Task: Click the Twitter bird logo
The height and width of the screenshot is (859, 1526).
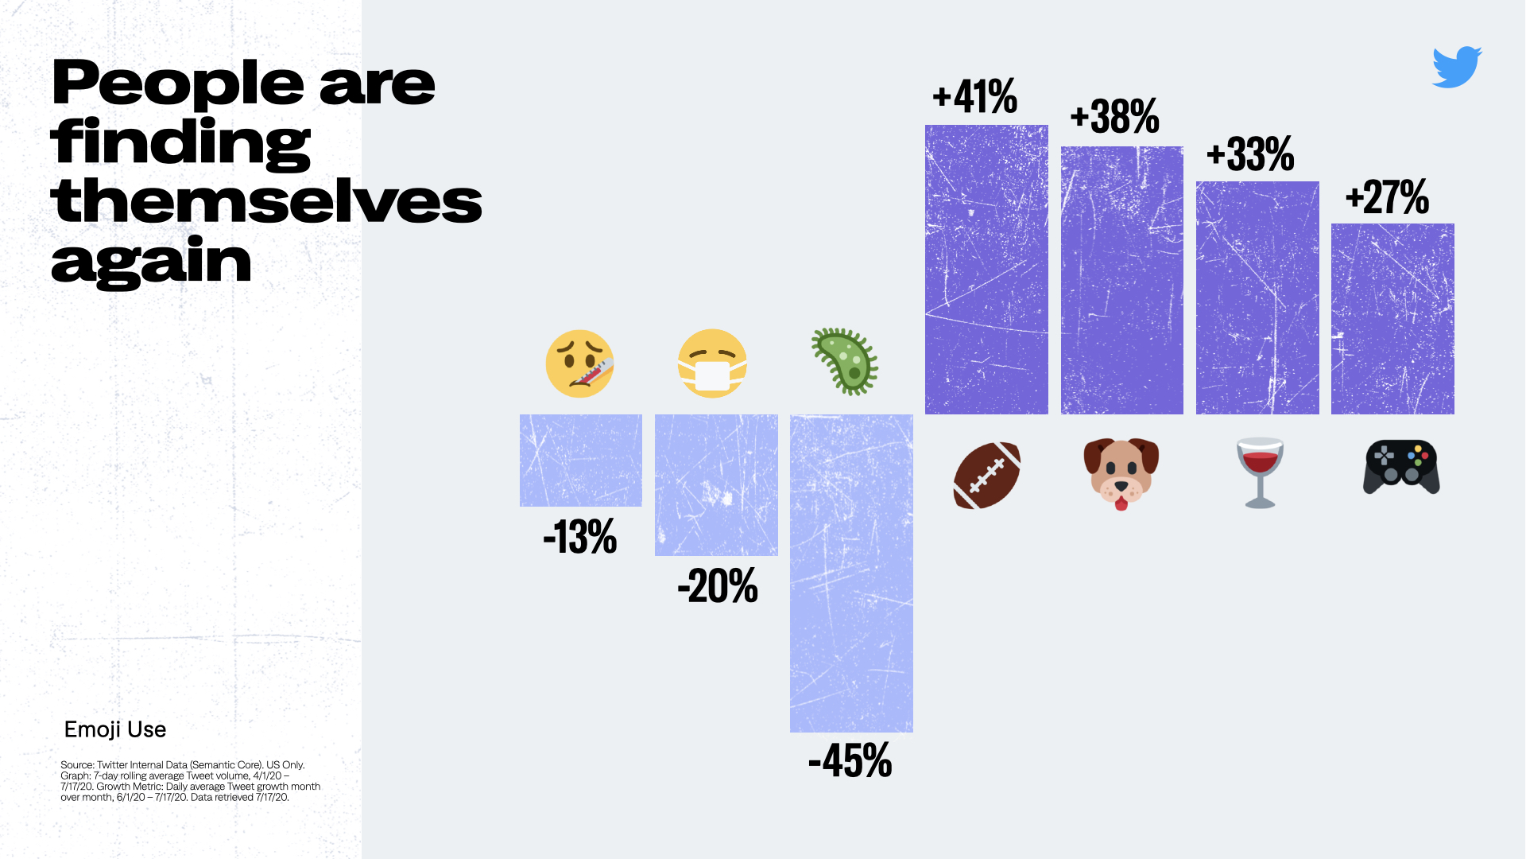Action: coord(1456,67)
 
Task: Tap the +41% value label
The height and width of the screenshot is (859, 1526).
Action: coord(975,97)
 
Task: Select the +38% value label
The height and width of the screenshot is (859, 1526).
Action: coord(1114,117)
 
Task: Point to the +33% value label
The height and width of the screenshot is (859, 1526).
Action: coord(1250,154)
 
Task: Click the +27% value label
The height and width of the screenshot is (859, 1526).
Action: coord(1387,197)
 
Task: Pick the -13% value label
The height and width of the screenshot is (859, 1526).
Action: coord(580,537)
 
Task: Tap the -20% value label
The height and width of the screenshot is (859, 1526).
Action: coord(717,586)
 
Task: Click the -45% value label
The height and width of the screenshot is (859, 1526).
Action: coord(850,761)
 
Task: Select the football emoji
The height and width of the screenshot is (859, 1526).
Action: coord(986,475)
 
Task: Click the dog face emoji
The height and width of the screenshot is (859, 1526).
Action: coord(1121,472)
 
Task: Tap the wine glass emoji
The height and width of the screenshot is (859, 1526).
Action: coord(1260,472)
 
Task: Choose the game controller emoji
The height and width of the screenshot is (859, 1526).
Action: coord(1401,468)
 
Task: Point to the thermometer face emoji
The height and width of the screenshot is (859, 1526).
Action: coord(580,363)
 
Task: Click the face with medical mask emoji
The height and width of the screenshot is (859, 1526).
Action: coord(712,363)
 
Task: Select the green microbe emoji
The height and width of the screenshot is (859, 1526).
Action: coord(845,362)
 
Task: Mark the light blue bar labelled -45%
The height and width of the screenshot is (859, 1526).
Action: coord(851,573)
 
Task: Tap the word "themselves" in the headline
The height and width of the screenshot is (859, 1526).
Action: coord(266,201)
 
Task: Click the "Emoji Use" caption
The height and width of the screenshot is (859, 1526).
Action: coord(115,729)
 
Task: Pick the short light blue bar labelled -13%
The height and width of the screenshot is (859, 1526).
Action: coord(581,460)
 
